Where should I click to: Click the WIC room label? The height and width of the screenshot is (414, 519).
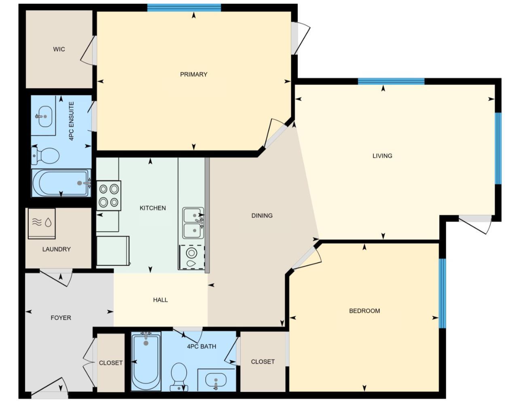59,49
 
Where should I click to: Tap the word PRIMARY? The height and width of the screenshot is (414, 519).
193,74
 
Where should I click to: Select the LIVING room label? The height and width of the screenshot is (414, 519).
382,156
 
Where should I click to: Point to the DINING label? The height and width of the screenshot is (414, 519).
262,215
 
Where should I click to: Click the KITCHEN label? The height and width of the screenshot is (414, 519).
153,208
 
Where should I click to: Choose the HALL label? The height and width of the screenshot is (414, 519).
160,300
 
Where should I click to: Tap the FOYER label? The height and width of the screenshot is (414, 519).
61,318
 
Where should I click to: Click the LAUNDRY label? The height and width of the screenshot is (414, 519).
56,249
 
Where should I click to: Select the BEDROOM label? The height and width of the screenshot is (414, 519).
364,311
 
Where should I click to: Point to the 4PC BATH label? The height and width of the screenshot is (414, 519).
201,346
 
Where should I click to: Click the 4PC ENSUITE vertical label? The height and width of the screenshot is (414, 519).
72,121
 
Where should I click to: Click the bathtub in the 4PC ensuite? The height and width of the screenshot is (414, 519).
61,183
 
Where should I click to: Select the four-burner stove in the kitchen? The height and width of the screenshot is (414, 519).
109,195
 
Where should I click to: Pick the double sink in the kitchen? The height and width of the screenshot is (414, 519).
193,223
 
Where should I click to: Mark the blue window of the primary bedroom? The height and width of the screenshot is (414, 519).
184,8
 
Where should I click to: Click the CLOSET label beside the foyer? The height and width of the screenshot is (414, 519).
110,363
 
